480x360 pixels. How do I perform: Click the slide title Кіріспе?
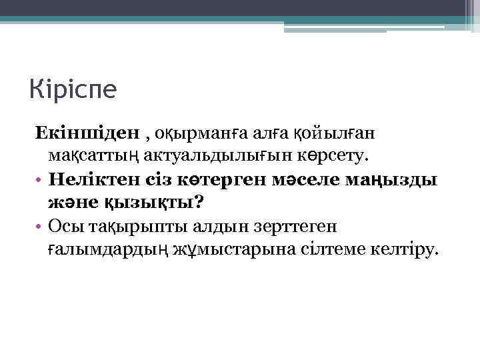click(x=73, y=89)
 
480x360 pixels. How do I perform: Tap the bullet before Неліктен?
click(x=41, y=180)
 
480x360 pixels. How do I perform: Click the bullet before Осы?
click(x=41, y=227)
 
